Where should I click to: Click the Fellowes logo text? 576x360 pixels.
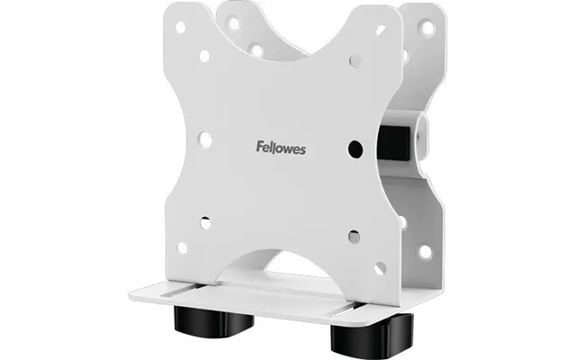coord(281,148)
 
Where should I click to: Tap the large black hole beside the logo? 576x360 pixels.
coord(355,148)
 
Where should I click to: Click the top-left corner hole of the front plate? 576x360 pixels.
coord(180,27)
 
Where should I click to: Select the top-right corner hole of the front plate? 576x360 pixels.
coord(381,31)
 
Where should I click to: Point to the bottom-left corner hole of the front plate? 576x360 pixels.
coord(183,248)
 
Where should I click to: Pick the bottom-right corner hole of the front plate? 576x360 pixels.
coord(380,268)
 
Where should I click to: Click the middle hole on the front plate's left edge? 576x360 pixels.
coord(205,140)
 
